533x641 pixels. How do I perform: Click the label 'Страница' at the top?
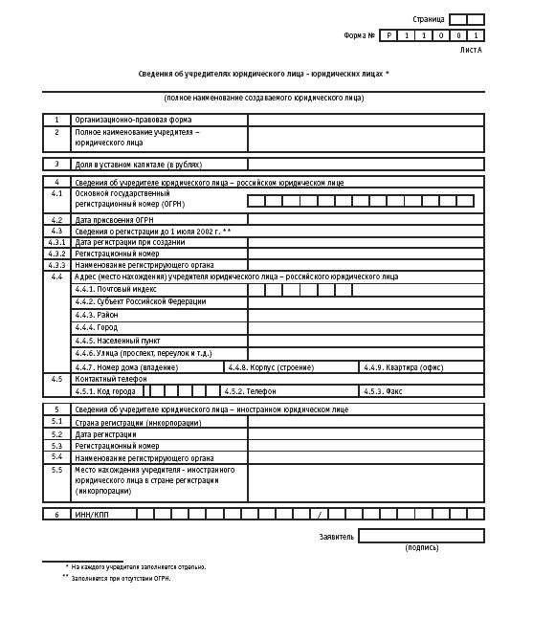pyautogui.click(x=428, y=19)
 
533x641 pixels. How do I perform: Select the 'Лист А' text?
pyautogui.click(x=471, y=49)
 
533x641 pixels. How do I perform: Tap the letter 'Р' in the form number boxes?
pyautogui.click(x=389, y=35)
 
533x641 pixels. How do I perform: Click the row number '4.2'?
pyautogui.click(x=56, y=220)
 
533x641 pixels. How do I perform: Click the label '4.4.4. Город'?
pyautogui.click(x=97, y=328)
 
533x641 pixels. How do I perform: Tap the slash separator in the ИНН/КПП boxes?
pyautogui.click(x=319, y=515)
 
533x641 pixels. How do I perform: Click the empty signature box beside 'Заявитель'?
pyautogui.click(x=421, y=536)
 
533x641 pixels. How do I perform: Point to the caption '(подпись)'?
pyautogui.click(x=422, y=548)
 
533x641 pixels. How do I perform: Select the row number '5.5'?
pyautogui.click(x=56, y=471)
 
